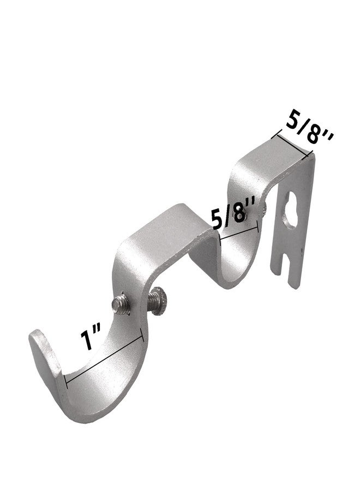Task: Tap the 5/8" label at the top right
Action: [309, 132]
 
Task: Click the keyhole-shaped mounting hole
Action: [291, 211]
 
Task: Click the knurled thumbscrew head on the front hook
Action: [157, 301]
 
